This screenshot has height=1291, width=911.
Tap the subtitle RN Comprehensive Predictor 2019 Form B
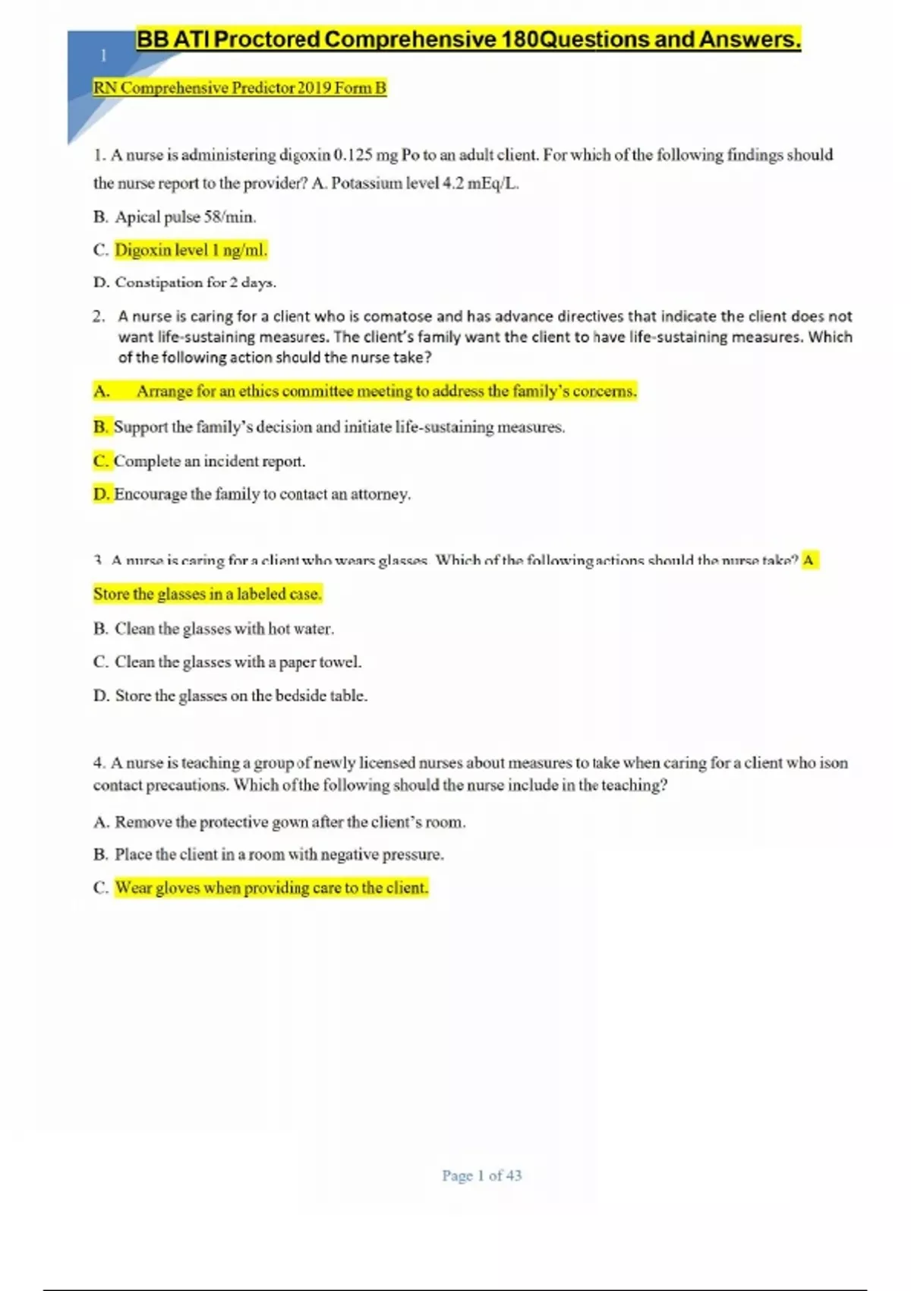(x=239, y=88)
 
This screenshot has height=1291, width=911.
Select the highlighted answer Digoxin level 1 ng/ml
(x=191, y=250)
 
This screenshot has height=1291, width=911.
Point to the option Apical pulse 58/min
(x=184, y=217)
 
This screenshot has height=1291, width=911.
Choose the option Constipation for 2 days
(x=195, y=283)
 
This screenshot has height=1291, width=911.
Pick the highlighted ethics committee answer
(x=386, y=391)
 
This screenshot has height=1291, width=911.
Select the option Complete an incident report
(x=209, y=461)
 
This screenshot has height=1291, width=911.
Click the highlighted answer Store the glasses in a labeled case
(x=207, y=594)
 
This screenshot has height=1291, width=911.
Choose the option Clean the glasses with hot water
(x=224, y=629)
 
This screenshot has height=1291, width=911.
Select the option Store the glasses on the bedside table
(x=241, y=696)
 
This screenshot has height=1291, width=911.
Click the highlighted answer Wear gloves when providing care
(x=271, y=888)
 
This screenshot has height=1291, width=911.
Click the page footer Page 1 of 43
(x=481, y=1176)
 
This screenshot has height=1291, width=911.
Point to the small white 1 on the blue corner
(x=103, y=55)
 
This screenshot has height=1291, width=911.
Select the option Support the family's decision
(x=339, y=427)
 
